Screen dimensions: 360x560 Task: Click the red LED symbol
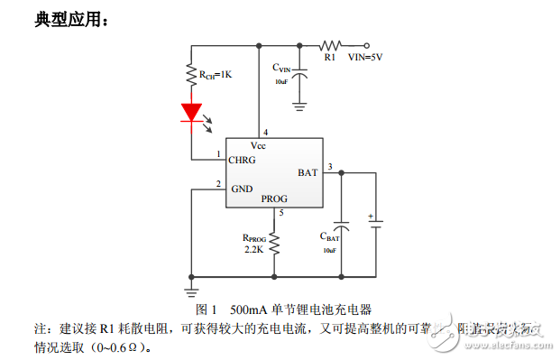(191, 112)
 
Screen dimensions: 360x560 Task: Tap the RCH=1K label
(215, 74)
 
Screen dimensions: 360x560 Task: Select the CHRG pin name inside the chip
(242, 160)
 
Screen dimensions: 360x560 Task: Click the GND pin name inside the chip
(242, 189)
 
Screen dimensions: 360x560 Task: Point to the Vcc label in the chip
(258, 144)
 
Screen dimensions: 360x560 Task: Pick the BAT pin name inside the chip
(307, 171)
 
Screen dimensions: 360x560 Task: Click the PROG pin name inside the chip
(274, 198)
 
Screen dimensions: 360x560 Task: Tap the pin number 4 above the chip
(265, 132)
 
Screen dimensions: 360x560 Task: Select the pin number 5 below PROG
(281, 212)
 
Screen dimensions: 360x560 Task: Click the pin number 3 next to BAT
(330, 165)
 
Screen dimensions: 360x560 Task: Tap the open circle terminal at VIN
(368, 44)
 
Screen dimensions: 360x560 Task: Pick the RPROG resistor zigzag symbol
(274, 242)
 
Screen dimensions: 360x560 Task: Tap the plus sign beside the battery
(370, 217)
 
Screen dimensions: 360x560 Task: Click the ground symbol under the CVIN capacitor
(301, 106)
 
